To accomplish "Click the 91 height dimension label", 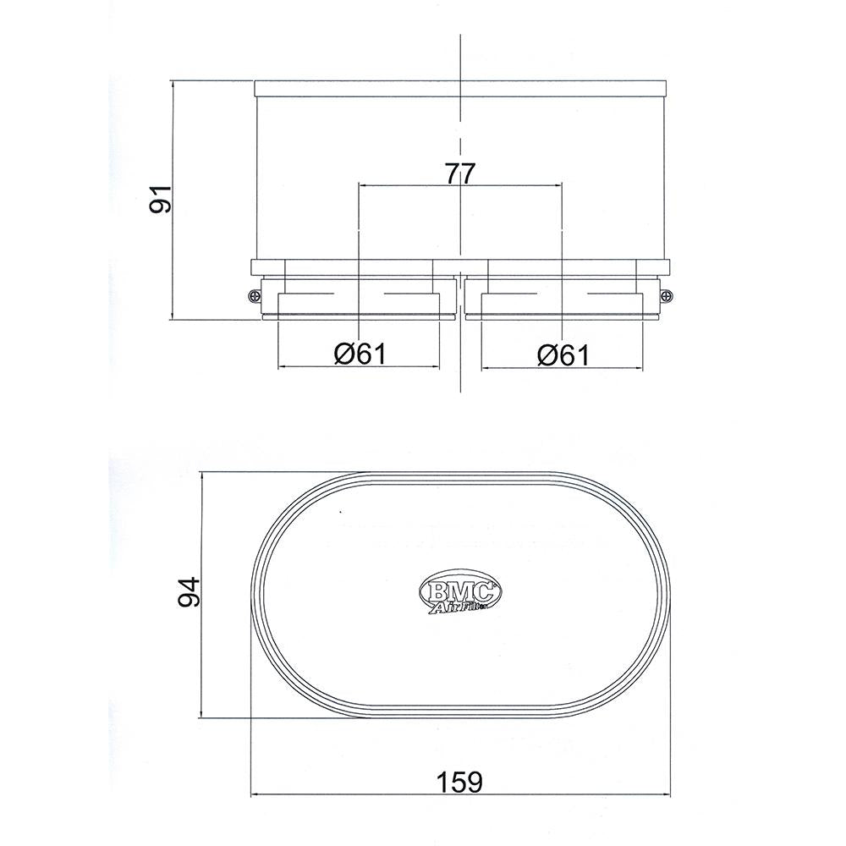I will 161,199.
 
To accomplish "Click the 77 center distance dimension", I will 459,173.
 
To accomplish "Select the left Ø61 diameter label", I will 360,354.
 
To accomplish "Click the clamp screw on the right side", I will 667,295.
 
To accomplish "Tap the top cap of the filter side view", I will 461,88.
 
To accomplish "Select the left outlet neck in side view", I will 360,301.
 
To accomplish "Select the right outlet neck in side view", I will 563,301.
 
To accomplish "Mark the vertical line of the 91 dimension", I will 173,271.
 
